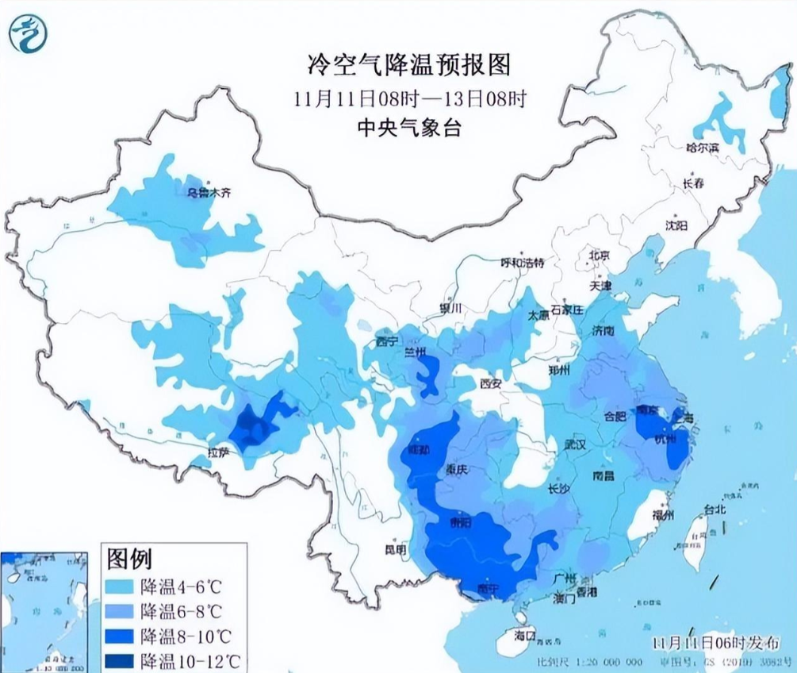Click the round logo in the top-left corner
[x=29, y=33]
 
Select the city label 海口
[x=525, y=636]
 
